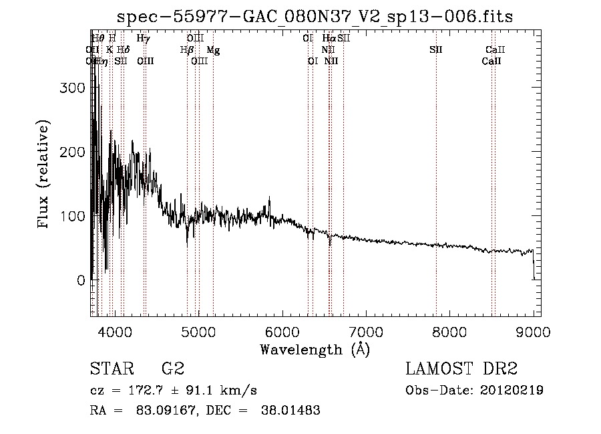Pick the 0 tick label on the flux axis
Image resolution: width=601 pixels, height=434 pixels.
(81, 280)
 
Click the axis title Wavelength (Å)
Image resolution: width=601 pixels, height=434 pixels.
(315, 348)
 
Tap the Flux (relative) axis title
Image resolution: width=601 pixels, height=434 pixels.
(45, 175)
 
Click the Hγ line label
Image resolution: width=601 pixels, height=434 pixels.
(143, 39)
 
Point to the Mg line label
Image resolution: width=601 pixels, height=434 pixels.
(212, 50)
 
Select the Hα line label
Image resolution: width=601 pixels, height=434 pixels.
(329, 39)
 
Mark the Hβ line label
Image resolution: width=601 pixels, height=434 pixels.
(187, 50)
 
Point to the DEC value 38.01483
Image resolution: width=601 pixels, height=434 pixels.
(292, 411)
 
